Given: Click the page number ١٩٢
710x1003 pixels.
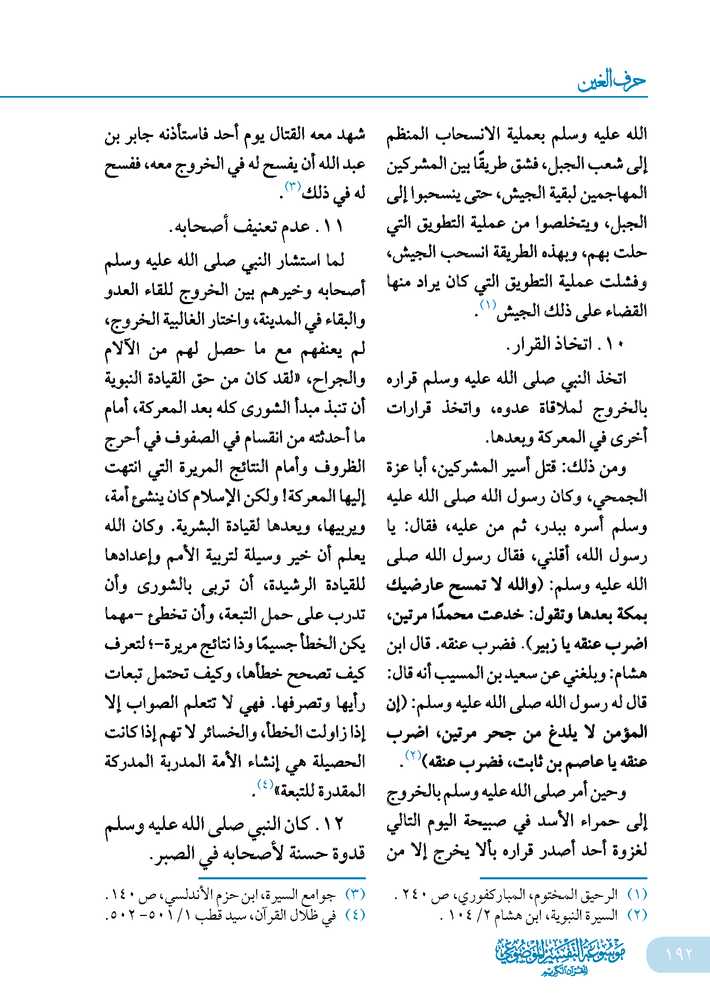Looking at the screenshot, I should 679,954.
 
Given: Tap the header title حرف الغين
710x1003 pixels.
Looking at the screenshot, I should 611,81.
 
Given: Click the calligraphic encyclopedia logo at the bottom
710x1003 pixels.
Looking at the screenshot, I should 560,955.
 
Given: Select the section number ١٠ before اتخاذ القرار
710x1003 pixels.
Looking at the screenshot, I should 615,344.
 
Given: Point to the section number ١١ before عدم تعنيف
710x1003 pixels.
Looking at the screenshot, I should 334,227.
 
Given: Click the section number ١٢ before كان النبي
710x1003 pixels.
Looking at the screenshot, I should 334,824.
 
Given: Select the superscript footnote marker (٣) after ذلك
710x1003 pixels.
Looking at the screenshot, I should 293,186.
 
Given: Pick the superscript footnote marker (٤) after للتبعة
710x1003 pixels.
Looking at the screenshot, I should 265,784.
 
